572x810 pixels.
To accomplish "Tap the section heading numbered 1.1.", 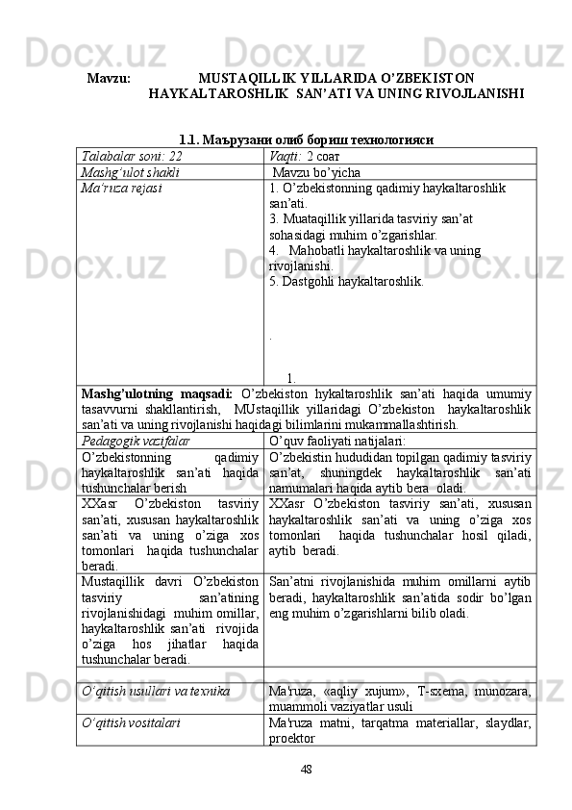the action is coord(305,140).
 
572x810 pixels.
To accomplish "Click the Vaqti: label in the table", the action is coord(286,156).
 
